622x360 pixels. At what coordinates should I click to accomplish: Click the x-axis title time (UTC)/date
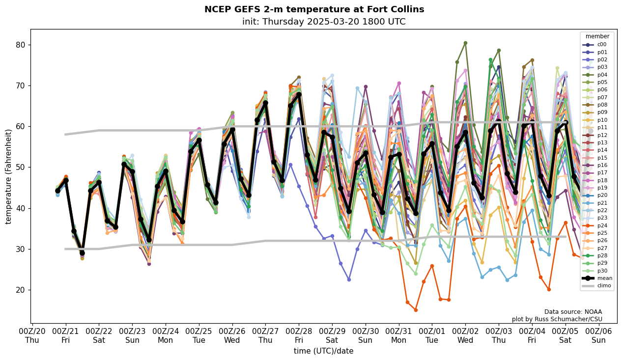pyautogui.click(x=323, y=351)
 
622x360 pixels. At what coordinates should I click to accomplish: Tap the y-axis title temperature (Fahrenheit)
pyautogui.click(x=9, y=176)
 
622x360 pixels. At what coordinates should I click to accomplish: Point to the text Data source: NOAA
pyautogui.click(x=573, y=312)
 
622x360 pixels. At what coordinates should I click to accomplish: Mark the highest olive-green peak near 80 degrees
pyautogui.click(x=465, y=43)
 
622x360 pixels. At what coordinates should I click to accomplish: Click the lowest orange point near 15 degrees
pyautogui.click(x=416, y=310)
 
